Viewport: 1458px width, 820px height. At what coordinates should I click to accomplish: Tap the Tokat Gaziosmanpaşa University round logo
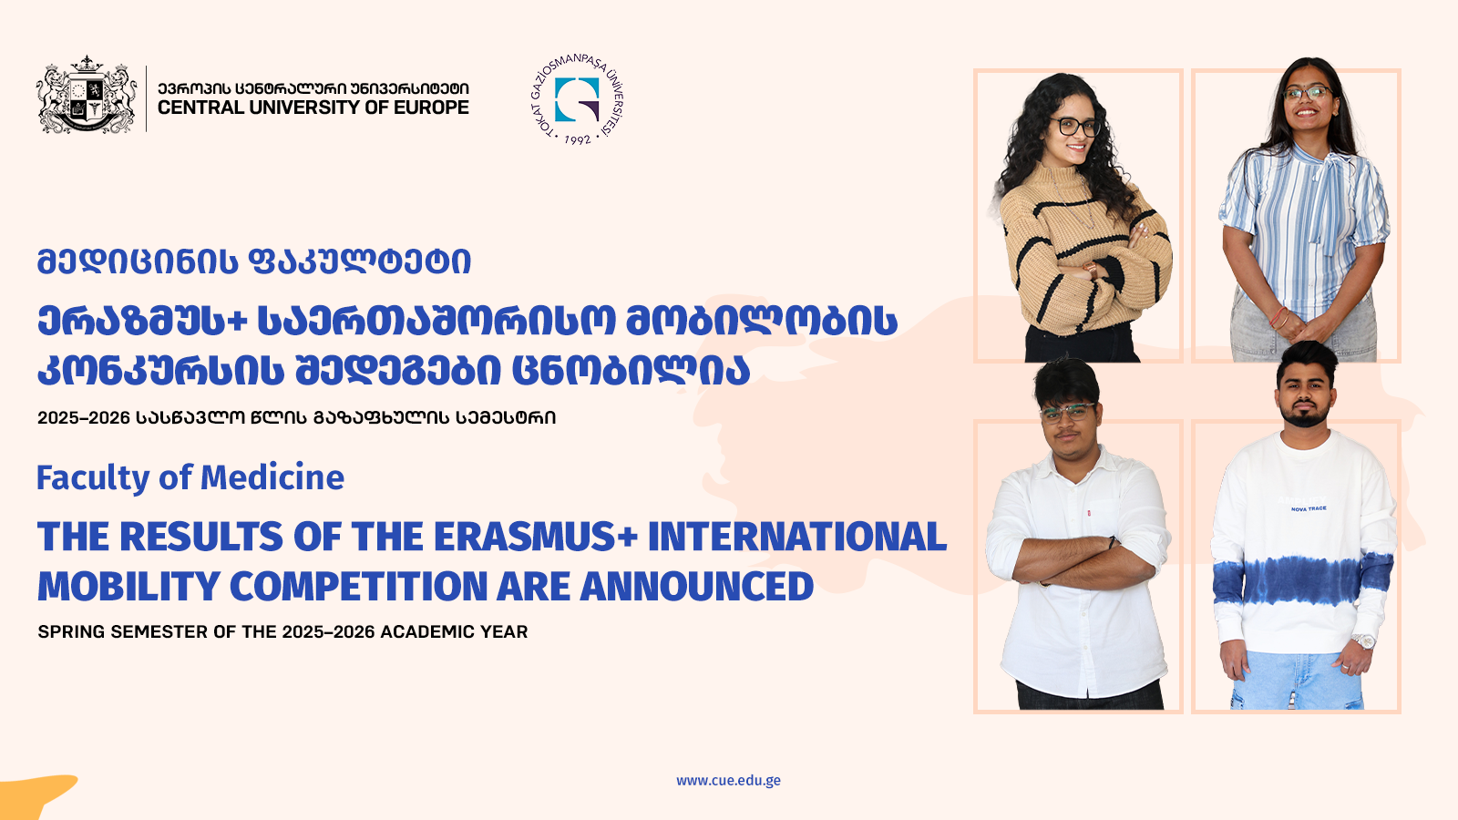[577, 100]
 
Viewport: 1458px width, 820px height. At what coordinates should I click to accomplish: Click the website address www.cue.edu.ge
[728, 780]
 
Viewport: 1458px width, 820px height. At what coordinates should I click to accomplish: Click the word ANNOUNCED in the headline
[696, 587]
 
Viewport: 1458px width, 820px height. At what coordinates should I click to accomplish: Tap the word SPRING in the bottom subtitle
[70, 632]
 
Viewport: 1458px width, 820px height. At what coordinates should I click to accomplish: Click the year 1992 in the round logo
[578, 138]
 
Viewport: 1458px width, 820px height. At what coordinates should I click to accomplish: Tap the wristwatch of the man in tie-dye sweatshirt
[1363, 641]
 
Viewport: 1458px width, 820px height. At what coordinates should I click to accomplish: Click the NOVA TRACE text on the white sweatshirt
[1309, 508]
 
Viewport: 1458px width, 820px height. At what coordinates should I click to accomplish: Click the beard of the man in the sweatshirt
[1305, 416]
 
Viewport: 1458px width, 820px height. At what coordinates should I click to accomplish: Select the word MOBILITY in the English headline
[128, 587]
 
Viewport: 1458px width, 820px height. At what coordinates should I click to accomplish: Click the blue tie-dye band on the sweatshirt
[1302, 579]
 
